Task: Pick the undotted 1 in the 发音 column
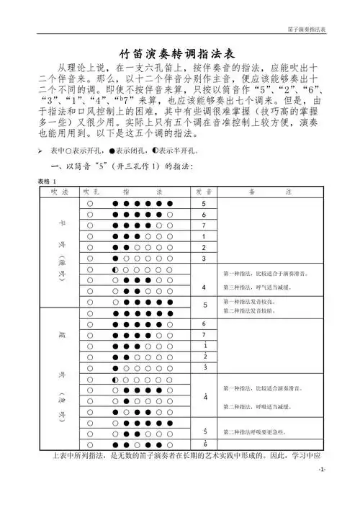(204, 236)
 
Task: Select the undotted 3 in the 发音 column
(204, 258)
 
